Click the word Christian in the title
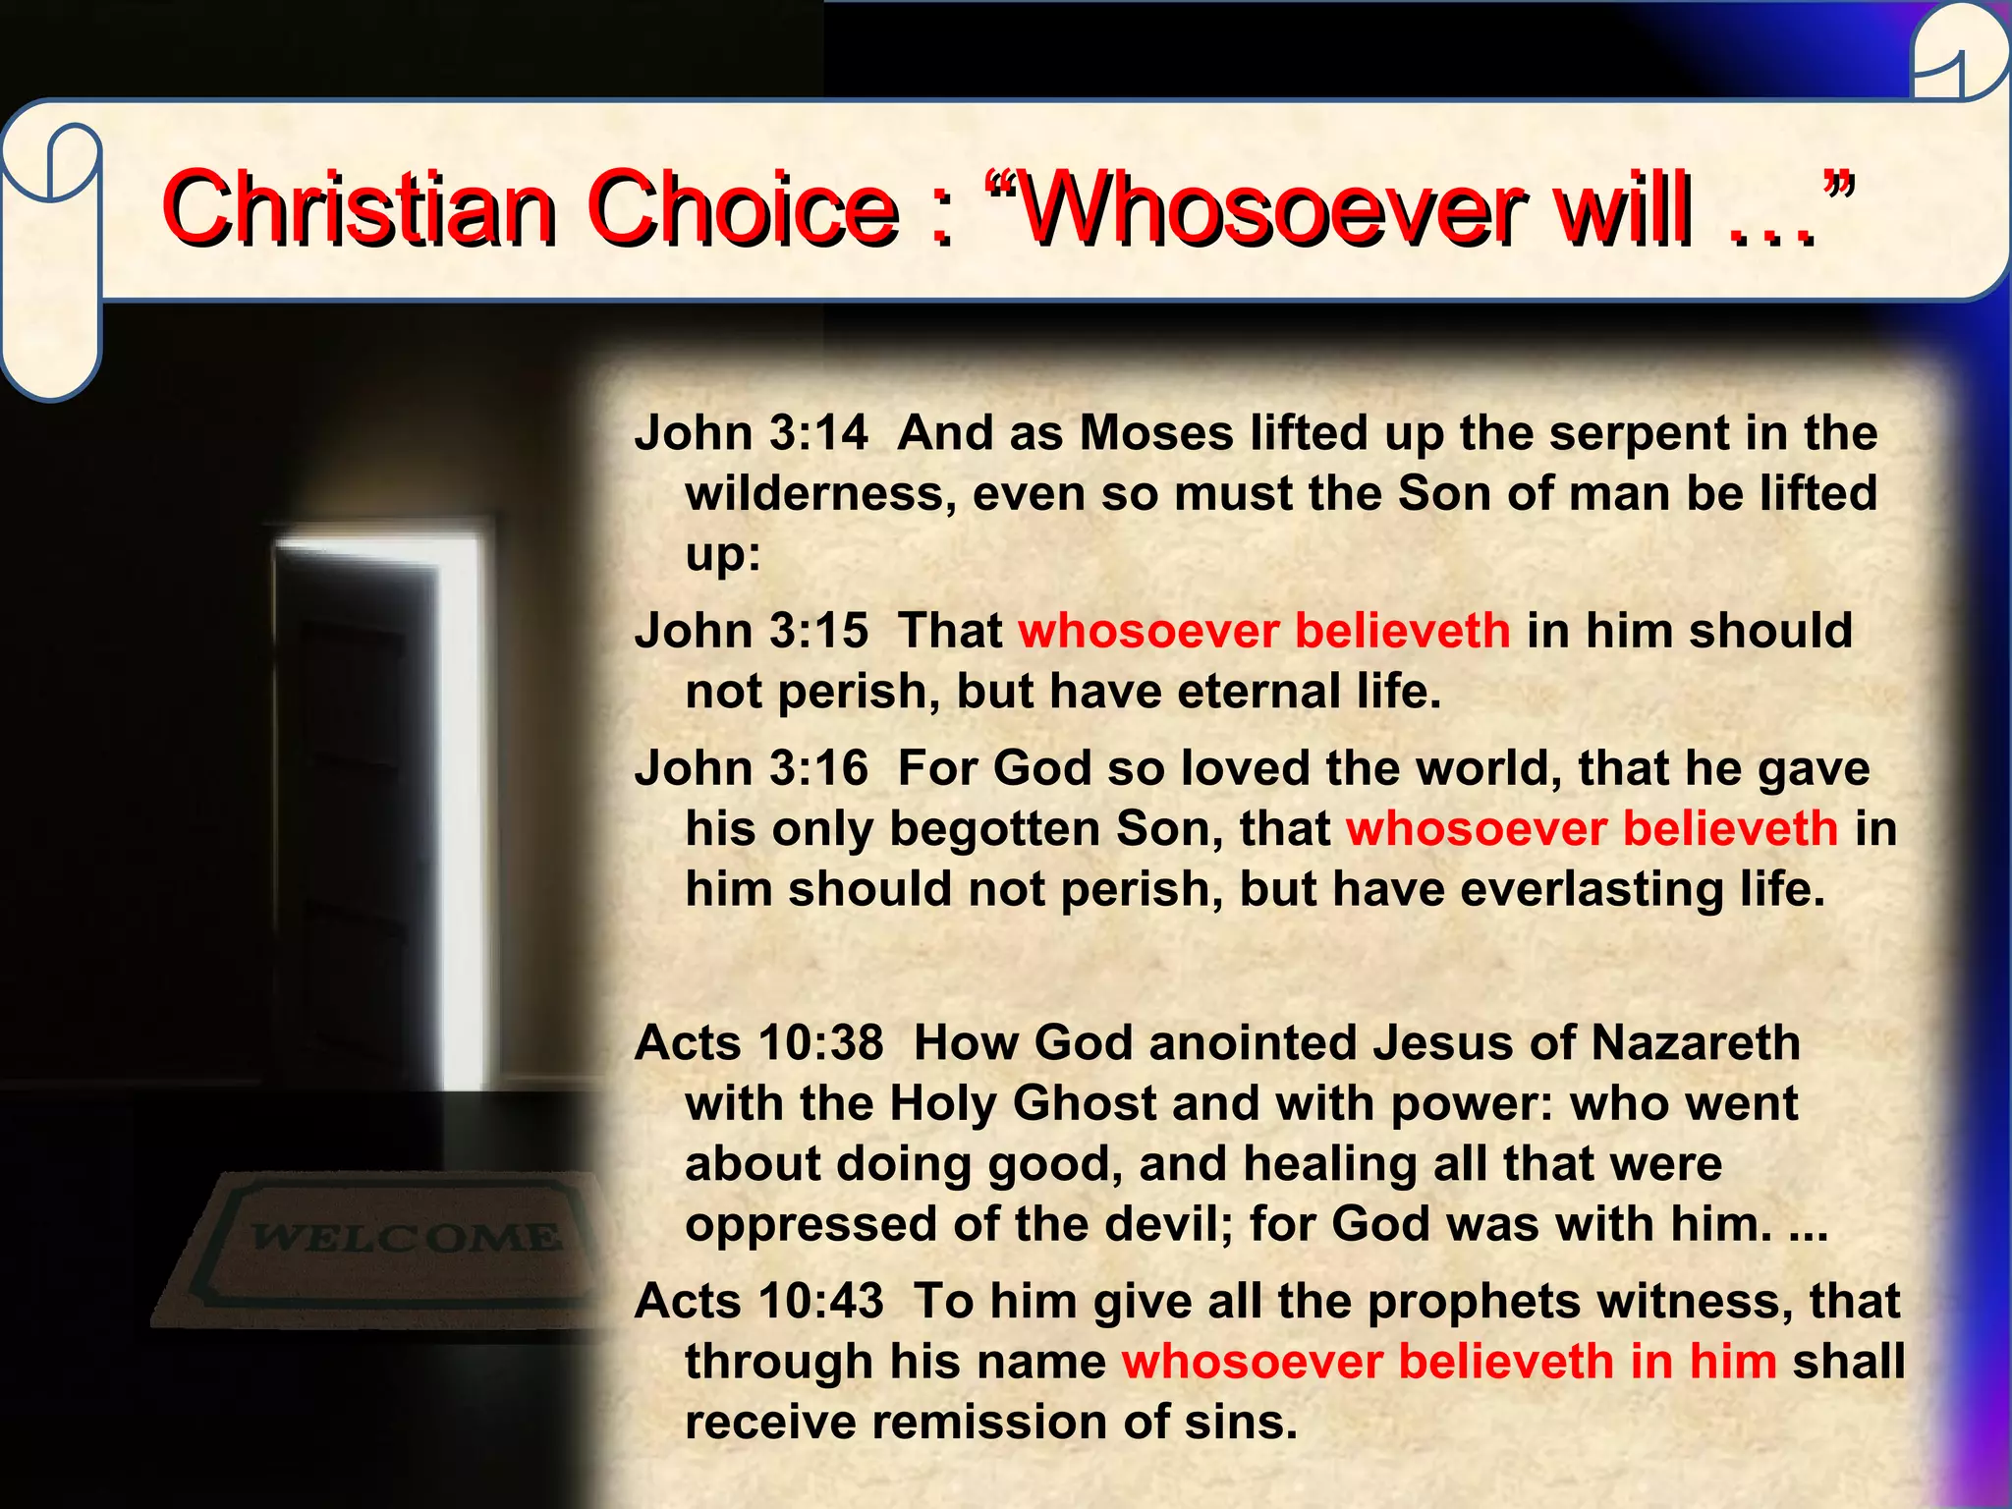tap(359, 208)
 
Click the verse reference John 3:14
tap(752, 433)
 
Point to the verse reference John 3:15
tap(752, 631)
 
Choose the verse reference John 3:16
tap(752, 768)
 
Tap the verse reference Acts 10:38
tap(759, 1043)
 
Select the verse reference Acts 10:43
tap(759, 1302)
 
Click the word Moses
tap(1156, 433)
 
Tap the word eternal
tap(1258, 692)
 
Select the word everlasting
tap(1593, 890)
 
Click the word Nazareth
tap(1696, 1043)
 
